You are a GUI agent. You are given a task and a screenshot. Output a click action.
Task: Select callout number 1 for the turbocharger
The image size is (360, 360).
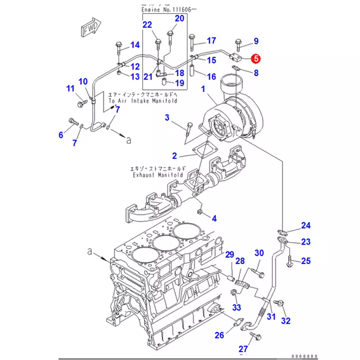(203, 89)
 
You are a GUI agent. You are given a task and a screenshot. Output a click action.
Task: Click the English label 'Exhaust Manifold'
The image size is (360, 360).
(158, 175)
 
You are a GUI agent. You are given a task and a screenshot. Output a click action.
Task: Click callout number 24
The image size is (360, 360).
(305, 225)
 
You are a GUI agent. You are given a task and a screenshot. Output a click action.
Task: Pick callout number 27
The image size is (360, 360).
(242, 348)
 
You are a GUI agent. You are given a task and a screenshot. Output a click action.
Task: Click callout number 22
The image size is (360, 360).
(147, 25)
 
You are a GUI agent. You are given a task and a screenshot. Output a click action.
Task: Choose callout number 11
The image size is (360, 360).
(70, 89)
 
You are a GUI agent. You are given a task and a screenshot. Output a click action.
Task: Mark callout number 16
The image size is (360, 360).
(211, 76)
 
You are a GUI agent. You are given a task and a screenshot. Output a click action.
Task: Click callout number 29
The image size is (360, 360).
(229, 255)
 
